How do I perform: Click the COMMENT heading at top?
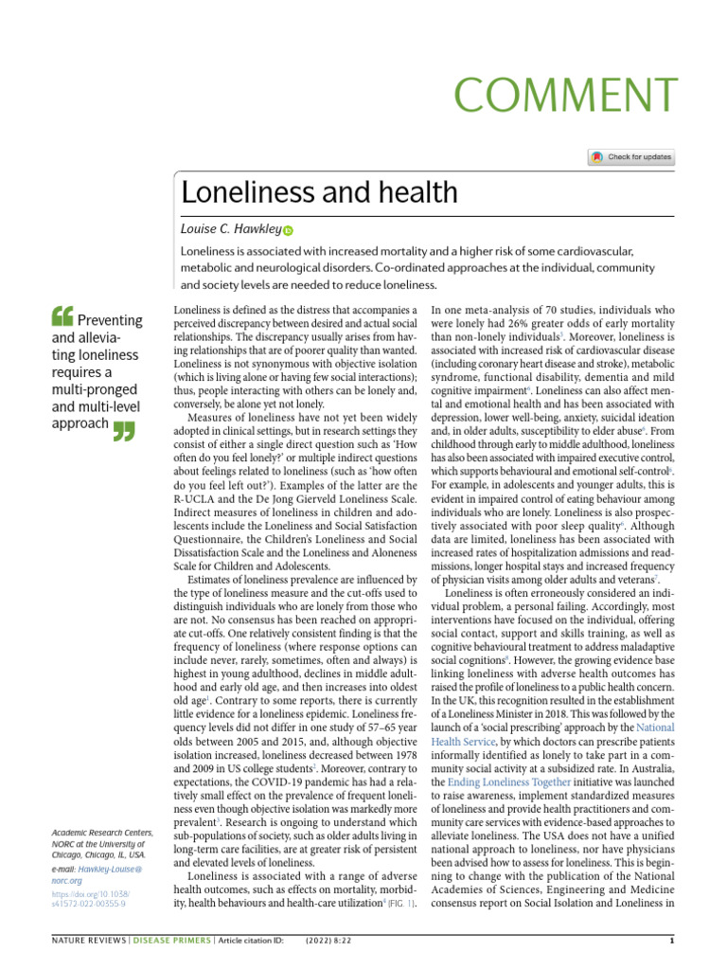(566, 95)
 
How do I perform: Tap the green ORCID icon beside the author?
(289, 230)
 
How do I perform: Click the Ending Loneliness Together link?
(509, 782)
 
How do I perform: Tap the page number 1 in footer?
(671, 941)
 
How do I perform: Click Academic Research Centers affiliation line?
(101, 832)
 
